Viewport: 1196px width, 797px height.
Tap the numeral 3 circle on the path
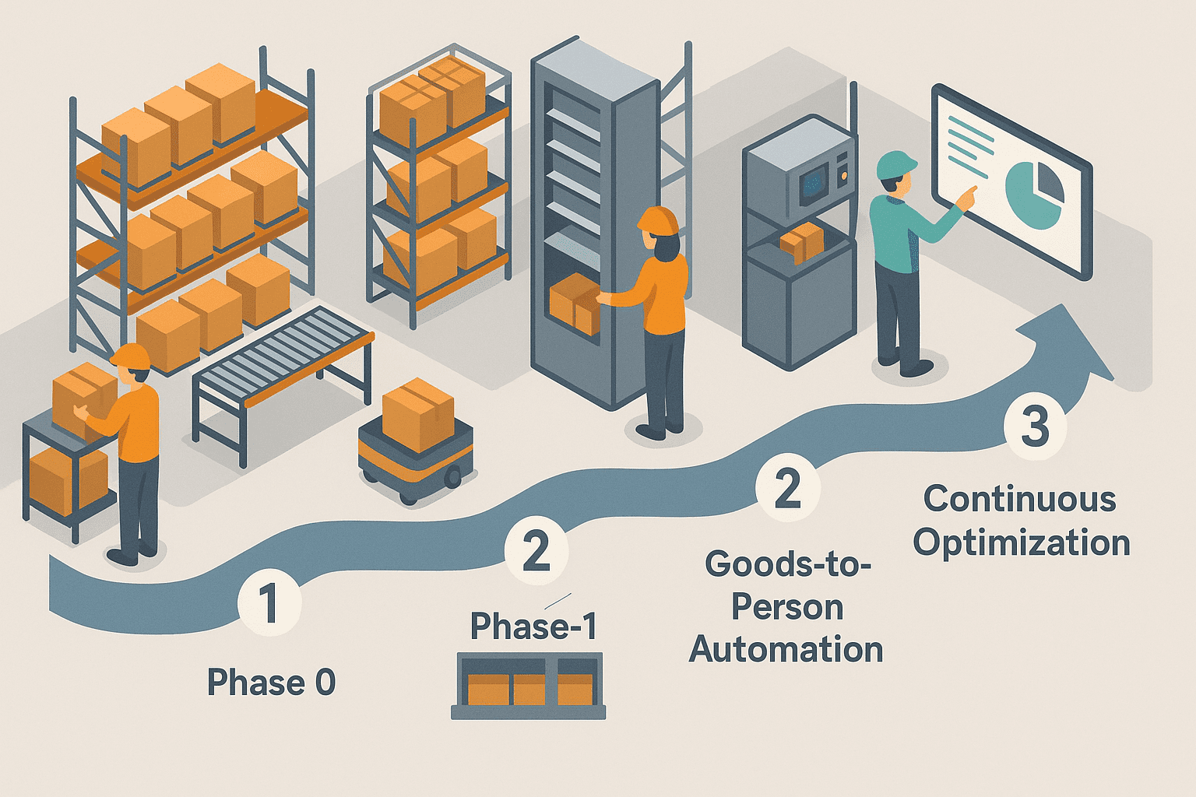pyautogui.click(x=1035, y=427)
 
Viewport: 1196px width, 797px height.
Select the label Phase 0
pyautogui.click(x=271, y=683)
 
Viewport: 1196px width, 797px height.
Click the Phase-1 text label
pyautogui.click(x=533, y=626)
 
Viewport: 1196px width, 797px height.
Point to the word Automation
pyautogui.click(x=786, y=649)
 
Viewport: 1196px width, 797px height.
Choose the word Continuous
pyautogui.click(x=1019, y=499)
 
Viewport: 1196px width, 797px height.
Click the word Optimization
pyautogui.click(x=1022, y=542)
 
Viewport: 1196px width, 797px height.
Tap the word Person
pyautogui.click(x=787, y=607)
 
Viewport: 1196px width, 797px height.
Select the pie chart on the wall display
pyautogui.click(x=1034, y=191)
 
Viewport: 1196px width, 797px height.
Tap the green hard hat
pyautogui.click(x=896, y=165)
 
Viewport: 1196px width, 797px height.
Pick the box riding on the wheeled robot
pyautogui.click(x=418, y=413)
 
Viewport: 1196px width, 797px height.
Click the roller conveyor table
pyautogui.click(x=284, y=357)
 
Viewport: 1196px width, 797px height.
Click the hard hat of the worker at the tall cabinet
pyautogui.click(x=658, y=219)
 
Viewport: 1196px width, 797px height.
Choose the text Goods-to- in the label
pyautogui.click(x=787, y=564)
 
